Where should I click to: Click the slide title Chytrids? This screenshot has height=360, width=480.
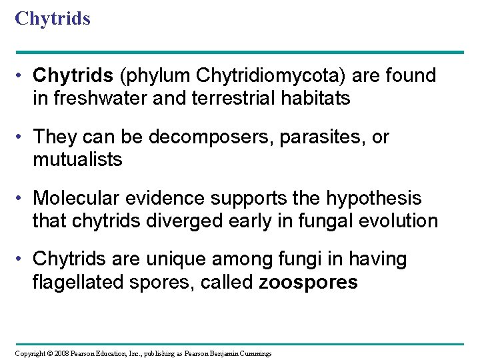53,19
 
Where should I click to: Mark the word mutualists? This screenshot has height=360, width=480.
77,160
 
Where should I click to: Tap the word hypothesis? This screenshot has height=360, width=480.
373,199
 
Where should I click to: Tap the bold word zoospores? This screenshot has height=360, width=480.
308,282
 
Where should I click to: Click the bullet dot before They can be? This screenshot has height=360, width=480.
22,138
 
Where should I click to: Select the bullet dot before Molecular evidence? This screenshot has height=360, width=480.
22,199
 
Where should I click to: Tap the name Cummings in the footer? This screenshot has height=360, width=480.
255,353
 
